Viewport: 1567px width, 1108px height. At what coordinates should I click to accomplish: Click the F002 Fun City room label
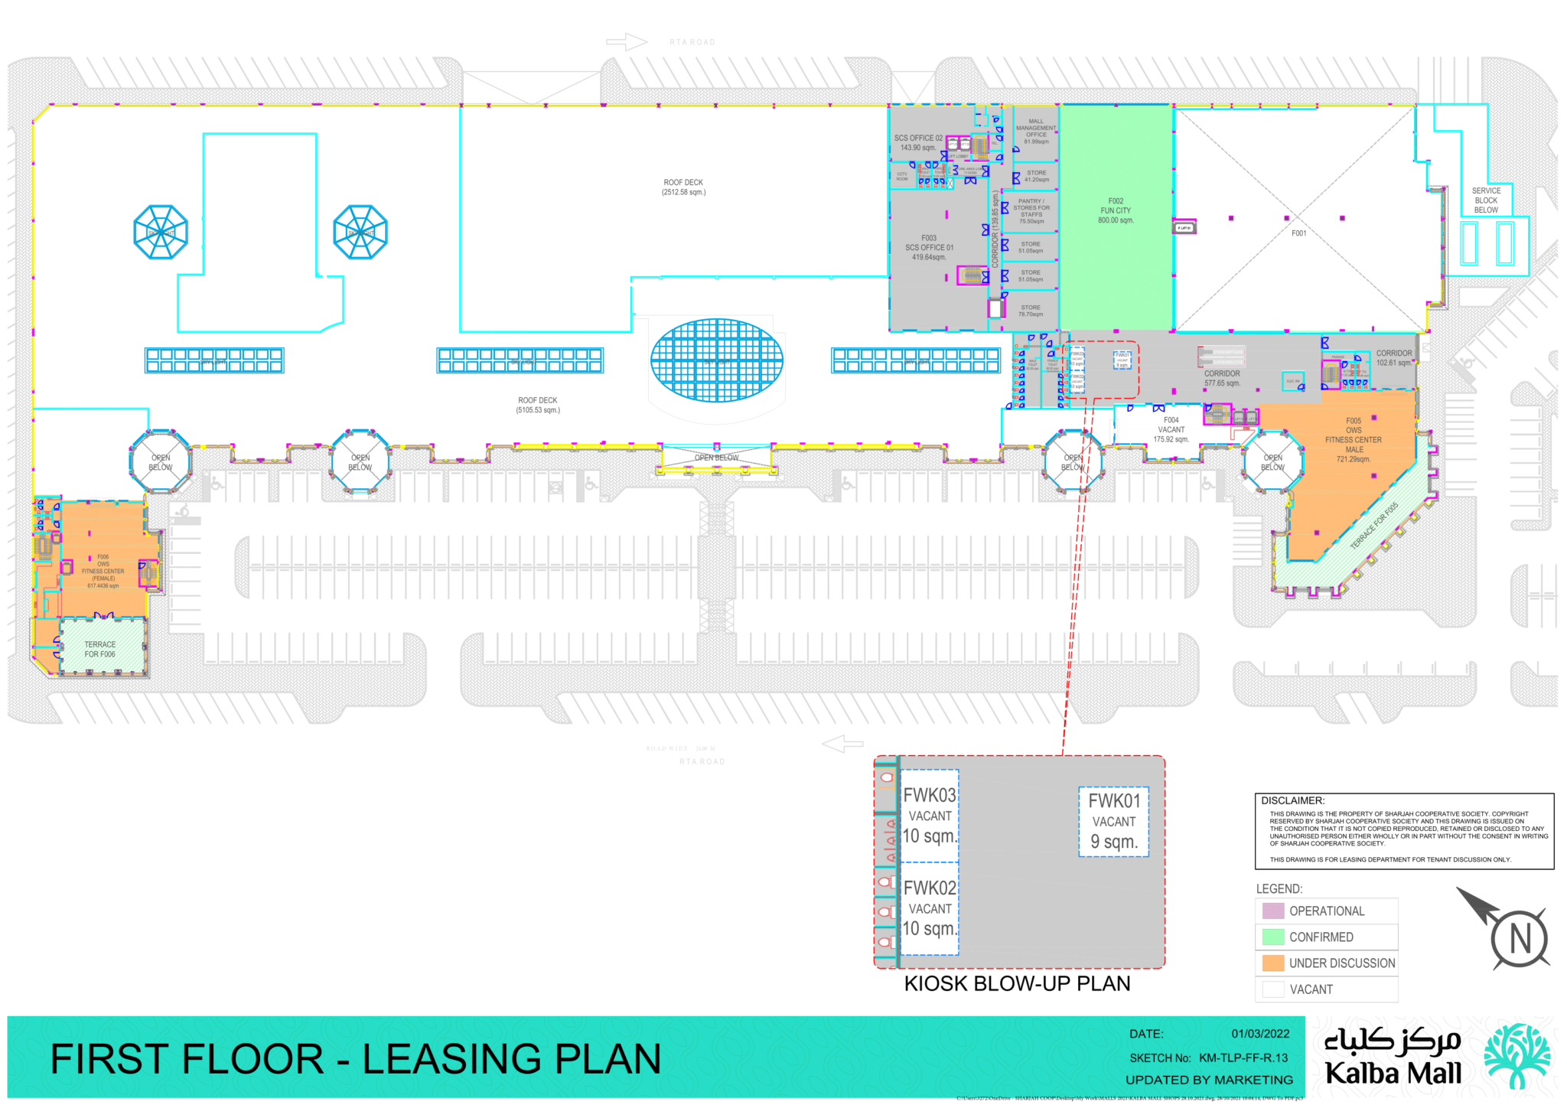[x=1116, y=210]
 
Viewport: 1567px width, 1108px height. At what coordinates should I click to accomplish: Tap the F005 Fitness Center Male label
[x=1353, y=440]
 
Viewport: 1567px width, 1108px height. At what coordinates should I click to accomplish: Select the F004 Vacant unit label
[x=1171, y=429]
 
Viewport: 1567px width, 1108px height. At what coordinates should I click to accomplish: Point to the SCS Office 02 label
[x=918, y=143]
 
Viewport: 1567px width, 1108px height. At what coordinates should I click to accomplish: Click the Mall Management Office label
[x=1036, y=131]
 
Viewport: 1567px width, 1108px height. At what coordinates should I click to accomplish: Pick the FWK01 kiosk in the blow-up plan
[x=1113, y=822]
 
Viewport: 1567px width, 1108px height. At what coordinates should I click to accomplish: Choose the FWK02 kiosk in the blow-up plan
[x=930, y=908]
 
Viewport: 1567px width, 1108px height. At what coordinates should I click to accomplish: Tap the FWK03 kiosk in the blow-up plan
[x=930, y=816]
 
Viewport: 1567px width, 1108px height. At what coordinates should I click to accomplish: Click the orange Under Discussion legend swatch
[x=1272, y=963]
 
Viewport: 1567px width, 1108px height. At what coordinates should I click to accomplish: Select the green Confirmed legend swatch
[x=1272, y=937]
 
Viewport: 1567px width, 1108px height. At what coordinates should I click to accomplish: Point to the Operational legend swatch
[x=1272, y=911]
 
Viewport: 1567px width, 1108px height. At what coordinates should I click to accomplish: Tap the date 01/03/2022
[x=1259, y=1034]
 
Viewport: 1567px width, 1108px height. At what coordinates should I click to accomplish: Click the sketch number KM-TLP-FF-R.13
[x=1243, y=1057]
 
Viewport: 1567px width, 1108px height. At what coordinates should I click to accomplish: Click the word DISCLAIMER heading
[x=1292, y=800]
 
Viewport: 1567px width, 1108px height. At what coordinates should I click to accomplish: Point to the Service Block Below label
[x=1486, y=200]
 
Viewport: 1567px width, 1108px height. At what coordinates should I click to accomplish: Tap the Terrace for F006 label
[x=100, y=650]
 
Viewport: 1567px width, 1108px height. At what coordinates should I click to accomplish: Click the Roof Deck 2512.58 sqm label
[x=683, y=187]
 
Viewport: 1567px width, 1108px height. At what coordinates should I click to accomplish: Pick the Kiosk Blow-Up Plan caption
[x=1017, y=983]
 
